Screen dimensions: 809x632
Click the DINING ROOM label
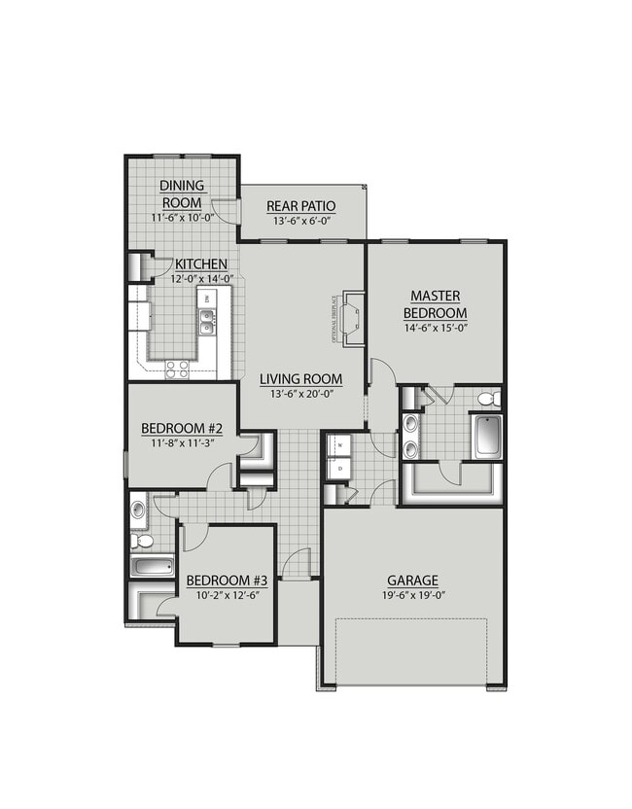(183, 194)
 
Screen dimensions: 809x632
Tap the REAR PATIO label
(301, 206)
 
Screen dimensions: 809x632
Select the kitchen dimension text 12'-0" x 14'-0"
(201, 279)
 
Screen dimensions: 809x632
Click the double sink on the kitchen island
(207, 322)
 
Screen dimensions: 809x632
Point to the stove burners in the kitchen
(177, 368)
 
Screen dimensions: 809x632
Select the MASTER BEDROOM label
(436, 304)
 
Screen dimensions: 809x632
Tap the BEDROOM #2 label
(183, 428)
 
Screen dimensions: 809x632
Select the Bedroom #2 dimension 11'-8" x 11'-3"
(183, 443)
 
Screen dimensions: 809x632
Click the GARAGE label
(412, 580)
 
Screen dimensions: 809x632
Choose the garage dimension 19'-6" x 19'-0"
(412, 596)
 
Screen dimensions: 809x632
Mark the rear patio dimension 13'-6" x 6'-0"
(301, 222)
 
